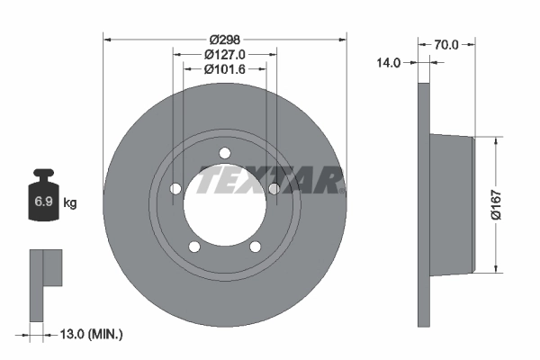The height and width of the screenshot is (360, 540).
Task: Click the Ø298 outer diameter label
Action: coord(225,40)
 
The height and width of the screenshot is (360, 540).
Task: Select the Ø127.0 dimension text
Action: coord(225,54)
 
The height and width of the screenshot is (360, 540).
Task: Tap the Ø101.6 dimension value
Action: coord(225,68)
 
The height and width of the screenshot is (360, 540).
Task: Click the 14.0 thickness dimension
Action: coord(389,62)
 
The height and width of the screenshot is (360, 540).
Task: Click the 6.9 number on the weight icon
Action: coord(43,202)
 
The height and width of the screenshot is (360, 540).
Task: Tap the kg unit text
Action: coord(69,202)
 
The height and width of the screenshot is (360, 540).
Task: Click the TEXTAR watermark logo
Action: coord(270,180)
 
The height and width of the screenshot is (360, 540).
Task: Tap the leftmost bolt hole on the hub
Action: coord(175,187)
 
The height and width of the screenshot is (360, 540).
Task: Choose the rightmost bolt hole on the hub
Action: coord(274,187)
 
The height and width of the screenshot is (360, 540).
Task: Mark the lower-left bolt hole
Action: coord(193,246)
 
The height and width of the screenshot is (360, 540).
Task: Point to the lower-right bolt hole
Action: coord(255,246)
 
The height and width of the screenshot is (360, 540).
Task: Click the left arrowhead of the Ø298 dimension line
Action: coord(107,39)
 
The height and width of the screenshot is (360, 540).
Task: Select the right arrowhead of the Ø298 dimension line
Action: coord(342,39)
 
